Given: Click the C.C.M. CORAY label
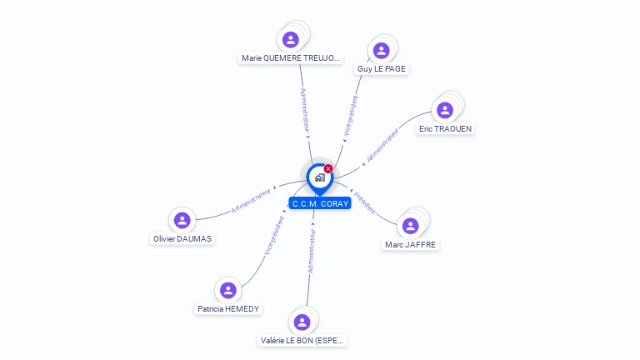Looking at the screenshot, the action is tap(320, 203).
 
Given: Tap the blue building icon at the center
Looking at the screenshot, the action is tap(319, 177).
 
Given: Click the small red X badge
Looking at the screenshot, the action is tap(328, 169).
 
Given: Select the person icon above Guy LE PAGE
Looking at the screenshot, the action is tap(381, 50).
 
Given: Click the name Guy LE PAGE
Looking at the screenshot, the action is tap(382, 69).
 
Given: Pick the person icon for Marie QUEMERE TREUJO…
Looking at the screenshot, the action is tap(290, 39).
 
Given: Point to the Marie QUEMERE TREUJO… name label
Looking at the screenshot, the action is tap(290, 58).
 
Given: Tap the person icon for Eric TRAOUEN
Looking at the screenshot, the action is tap(445, 110).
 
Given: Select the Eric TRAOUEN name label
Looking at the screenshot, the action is tap(447, 129).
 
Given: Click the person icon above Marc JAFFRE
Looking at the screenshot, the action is tap(410, 226).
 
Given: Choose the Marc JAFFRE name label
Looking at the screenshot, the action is tap(410, 245).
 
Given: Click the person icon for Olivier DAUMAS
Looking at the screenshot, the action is tap(182, 220).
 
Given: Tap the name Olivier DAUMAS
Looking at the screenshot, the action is tap(182, 239).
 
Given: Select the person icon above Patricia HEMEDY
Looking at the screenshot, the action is tap(227, 290).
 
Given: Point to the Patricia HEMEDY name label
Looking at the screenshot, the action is tap(228, 309).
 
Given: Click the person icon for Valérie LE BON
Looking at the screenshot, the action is tap(302, 322).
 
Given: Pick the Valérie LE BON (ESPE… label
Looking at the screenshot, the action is tap(302, 341).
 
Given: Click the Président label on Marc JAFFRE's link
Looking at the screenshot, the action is tap(365, 202).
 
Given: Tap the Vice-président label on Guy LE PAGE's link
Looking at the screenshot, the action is tap(351, 115).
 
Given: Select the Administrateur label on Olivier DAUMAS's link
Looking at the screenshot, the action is tap(252, 200).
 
